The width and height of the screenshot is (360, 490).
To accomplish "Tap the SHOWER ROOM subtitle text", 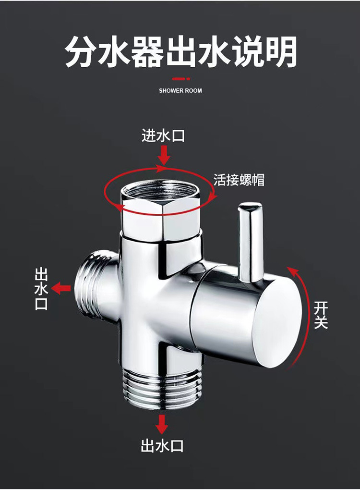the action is (x=180, y=90).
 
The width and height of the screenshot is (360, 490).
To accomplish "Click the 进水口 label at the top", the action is (x=163, y=136).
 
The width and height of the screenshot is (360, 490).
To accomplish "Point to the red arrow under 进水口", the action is (x=164, y=155).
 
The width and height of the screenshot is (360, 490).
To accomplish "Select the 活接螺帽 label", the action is (x=239, y=180).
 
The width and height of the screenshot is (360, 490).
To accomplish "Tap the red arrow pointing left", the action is (x=61, y=289).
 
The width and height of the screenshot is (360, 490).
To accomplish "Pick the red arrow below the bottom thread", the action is (x=162, y=423).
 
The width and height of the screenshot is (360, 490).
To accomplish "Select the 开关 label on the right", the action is (x=320, y=315).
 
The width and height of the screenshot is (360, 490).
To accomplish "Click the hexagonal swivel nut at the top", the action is (x=161, y=216).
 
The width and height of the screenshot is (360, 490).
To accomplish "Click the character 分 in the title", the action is (x=81, y=52).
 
